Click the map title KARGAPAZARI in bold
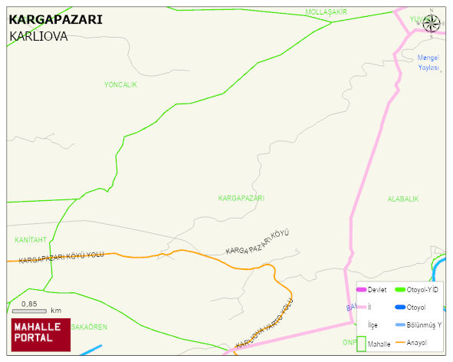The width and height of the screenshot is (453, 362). tap(55, 20)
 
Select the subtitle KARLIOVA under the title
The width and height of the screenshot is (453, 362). tap(39, 36)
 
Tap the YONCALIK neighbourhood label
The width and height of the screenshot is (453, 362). tap(120, 85)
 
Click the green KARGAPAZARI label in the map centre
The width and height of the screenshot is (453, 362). tap(241, 198)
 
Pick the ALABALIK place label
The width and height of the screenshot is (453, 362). tap(403, 199)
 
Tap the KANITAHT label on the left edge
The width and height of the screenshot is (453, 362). tap(31, 240)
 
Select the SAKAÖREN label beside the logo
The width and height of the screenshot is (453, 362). tap(89, 327)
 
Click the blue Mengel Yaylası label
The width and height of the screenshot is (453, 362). tap(428, 63)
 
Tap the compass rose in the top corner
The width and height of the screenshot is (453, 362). tap(432, 22)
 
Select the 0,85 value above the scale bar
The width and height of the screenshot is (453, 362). tap(29, 304)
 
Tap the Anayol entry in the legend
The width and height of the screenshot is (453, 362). tap(415, 343)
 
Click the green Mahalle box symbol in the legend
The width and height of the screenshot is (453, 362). tap(361, 344)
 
